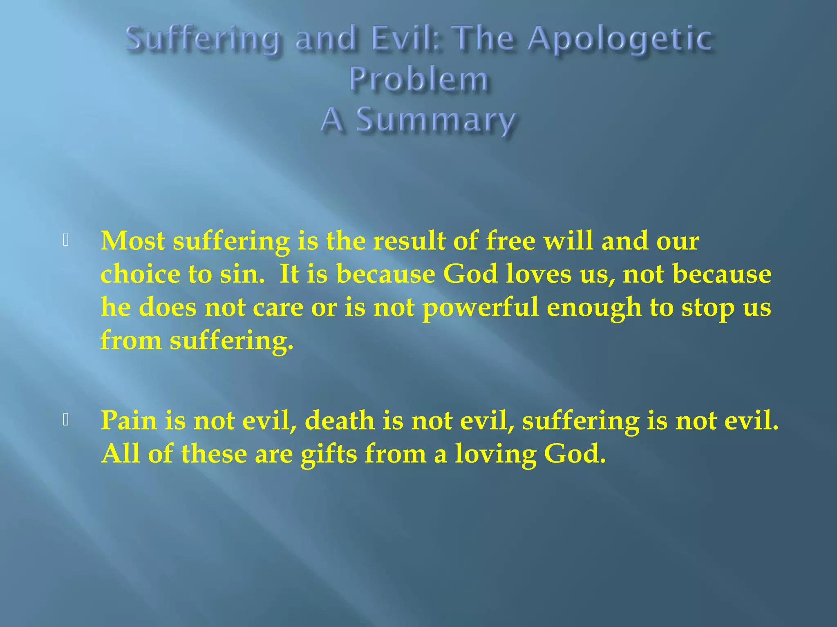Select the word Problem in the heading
pos(418,80)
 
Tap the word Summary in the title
pos(436,121)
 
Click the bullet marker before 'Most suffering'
pos(66,240)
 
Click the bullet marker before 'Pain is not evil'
pos(66,420)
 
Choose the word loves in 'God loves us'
pos(539,274)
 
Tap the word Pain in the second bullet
pos(129,420)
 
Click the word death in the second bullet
pos(340,420)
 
